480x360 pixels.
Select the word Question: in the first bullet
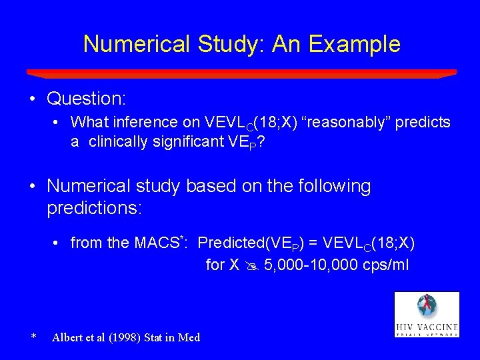coord(87,99)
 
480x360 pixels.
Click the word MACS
coord(161,243)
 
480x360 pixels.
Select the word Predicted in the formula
coord(229,243)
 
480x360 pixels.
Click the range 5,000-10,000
coord(305,265)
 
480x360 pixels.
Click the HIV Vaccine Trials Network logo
coord(426,314)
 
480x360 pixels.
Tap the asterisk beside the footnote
coord(33,337)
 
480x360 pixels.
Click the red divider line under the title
coord(241,73)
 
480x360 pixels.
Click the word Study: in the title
coord(223,44)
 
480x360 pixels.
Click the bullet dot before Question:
coord(33,99)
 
